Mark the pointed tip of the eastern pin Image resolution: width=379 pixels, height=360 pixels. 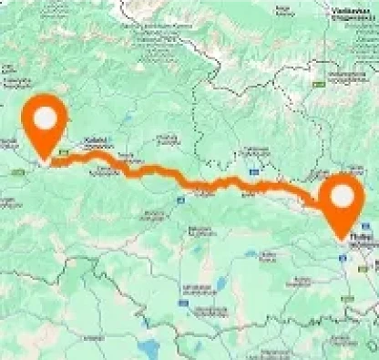[341, 240]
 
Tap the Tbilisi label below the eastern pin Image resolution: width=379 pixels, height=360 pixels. [358, 239]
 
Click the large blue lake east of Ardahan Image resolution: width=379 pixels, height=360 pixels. [146, 347]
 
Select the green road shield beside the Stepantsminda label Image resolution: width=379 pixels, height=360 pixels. [320, 81]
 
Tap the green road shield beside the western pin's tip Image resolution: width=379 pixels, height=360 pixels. [62, 153]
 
